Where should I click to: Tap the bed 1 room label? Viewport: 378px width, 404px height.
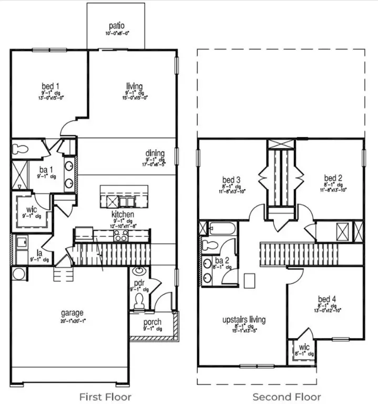(50, 86)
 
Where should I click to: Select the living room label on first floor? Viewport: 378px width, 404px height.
(135, 86)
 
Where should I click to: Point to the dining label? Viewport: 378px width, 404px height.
(155, 154)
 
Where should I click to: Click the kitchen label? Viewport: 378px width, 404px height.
(122, 215)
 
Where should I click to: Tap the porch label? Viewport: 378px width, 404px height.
(153, 322)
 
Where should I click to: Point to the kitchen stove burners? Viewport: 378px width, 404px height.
(121, 235)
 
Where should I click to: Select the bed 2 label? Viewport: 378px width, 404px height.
(333, 178)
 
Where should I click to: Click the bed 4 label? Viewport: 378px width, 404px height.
(327, 299)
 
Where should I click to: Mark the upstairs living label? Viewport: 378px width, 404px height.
(243, 319)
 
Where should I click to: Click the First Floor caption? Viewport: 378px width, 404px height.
(105, 396)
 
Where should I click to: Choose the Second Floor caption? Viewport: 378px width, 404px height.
(287, 396)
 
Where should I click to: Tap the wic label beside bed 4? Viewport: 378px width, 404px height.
(304, 348)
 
